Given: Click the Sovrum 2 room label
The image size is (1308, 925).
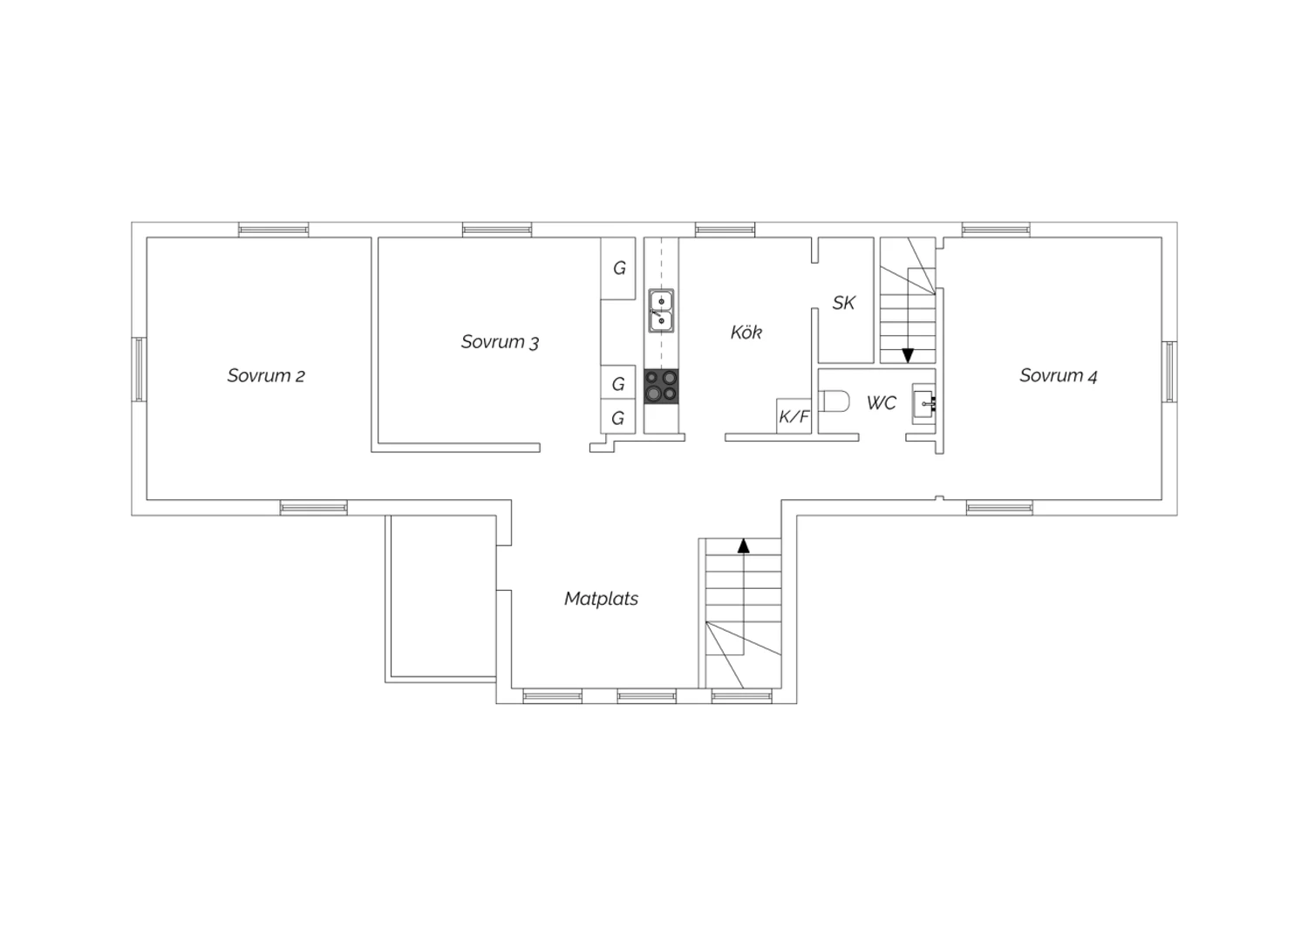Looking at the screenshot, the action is pyautogui.click(x=266, y=376).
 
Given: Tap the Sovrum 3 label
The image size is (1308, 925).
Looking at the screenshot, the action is pyautogui.click(x=500, y=342).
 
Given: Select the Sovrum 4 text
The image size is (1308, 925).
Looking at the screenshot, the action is pyautogui.click(x=1058, y=376).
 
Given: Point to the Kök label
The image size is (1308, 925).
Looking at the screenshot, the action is pyautogui.click(x=746, y=332).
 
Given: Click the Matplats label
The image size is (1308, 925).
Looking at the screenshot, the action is pyautogui.click(x=601, y=599).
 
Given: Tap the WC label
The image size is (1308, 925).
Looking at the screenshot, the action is pyautogui.click(x=881, y=402).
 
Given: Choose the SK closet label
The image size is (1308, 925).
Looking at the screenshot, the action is pyautogui.click(x=844, y=303).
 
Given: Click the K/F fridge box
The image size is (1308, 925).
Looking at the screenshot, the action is pyautogui.click(x=794, y=416).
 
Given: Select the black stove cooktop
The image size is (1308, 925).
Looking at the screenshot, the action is pyautogui.click(x=662, y=387).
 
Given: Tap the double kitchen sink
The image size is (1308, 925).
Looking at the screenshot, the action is pyautogui.click(x=661, y=311).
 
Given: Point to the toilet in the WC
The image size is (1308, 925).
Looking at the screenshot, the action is pyautogui.click(x=834, y=401).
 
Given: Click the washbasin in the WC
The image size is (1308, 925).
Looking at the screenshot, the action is pyautogui.click(x=923, y=403).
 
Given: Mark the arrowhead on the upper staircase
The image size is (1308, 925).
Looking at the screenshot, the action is pyautogui.click(x=908, y=355).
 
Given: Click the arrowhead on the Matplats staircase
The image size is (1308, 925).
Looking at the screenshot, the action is pyautogui.click(x=743, y=545).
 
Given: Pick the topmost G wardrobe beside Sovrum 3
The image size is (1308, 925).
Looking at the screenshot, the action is pyautogui.click(x=618, y=268).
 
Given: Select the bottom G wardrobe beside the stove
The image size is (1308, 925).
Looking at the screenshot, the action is pyautogui.click(x=618, y=417).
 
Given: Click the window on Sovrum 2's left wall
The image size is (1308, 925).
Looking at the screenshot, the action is pyautogui.click(x=139, y=369).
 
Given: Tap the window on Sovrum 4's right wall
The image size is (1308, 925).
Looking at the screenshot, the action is pyautogui.click(x=1169, y=372).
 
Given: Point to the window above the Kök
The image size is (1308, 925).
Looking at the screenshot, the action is pyautogui.click(x=726, y=230).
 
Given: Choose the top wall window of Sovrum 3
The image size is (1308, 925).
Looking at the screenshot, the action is pyautogui.click(x=497, y=230).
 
